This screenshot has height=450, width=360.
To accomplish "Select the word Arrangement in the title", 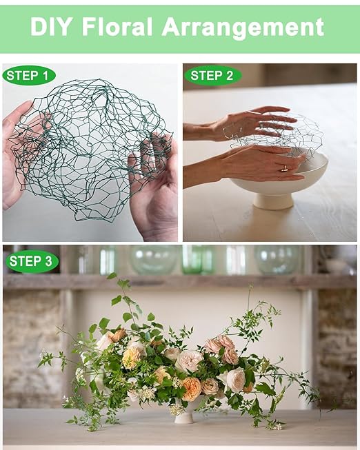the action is pyautogui.click(x=243, y=28).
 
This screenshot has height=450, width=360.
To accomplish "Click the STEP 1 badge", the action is pyautogui.click(x=29, y=76).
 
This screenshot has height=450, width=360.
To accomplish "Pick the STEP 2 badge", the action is pyautogui.click(x=212, y=76).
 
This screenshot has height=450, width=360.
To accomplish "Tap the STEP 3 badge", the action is pyautogui.click(x=32, y=261).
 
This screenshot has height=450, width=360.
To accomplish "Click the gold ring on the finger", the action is pyautogui.click(x=284, y=168).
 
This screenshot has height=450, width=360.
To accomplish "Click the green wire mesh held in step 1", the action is pyautogui.click(x=89, y=146).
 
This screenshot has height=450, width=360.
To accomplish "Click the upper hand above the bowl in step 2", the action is pyautogui.click(x=244, y=123).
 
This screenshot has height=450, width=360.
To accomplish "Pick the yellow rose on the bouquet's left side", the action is pyautogui.click(x=131, y=358).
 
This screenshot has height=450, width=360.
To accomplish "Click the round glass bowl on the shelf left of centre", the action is pyautogui.click(x=154, y=260).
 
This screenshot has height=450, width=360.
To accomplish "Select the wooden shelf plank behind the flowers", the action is pyautogui.click(x=179, y=282).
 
